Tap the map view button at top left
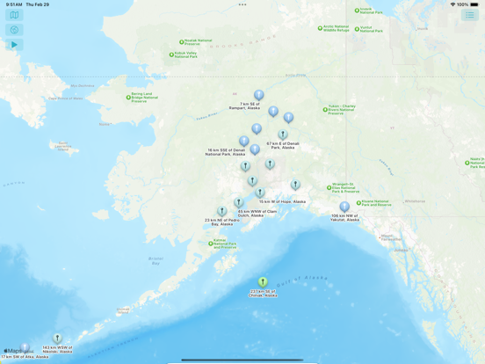click(14, 15)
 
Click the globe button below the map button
click(14, 30)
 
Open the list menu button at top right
click(470, 15)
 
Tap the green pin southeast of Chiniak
click(263, 282)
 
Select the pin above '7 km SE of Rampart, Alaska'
click(258, 95)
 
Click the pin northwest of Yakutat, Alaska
click(344, 207)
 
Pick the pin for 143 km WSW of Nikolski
click(57, 338)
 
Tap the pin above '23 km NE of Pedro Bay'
click(222, 211)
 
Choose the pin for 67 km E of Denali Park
click(283, 135)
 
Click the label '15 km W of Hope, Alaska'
click(282, 201)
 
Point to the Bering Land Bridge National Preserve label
click(144, 96)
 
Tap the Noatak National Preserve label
click(197, 41)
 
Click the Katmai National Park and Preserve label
click(225, 243)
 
